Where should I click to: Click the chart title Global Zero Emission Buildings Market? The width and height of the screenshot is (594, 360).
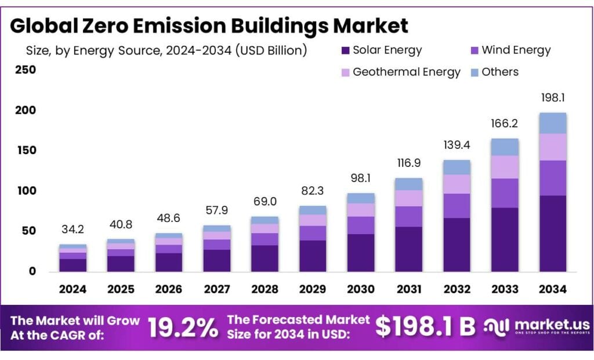pos(209,26)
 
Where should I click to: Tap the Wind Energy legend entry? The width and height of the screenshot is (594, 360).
pos(508,50)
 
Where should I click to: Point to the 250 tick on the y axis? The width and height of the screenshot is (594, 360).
pos(25,70)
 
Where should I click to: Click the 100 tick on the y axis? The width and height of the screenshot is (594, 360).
pos(25,191)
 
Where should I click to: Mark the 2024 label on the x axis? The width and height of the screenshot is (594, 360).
pos(73,289)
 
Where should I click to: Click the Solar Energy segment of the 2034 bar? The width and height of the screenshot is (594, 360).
pos(552,233)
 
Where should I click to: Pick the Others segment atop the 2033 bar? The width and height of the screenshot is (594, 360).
pos(505,147)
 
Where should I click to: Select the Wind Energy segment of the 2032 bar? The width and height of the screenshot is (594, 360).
pos(457,206)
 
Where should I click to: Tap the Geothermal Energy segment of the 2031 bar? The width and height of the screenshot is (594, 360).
pos(408,198)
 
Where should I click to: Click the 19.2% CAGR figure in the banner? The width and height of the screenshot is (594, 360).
pos(183,328)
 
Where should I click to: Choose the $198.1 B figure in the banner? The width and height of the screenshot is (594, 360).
pos(425,327)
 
